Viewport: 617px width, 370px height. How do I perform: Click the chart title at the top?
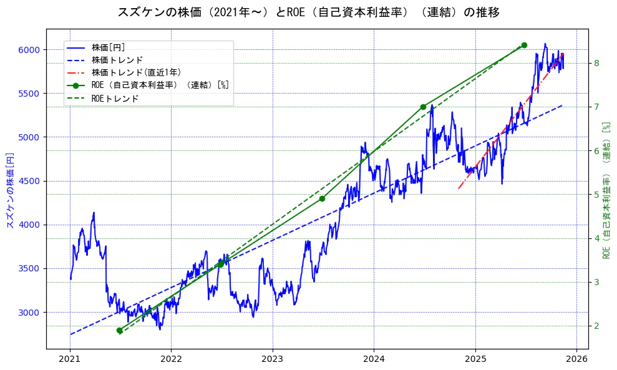(x=308, y=12)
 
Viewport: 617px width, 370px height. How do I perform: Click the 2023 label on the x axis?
(x=272, y=359)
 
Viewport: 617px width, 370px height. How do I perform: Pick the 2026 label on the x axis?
(x=576, y=359)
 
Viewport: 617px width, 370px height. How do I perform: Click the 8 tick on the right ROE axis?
(x=596, y=63)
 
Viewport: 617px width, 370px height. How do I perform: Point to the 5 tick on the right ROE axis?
(x=596, y=195)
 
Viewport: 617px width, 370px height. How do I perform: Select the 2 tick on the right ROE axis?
(x=596, y=326)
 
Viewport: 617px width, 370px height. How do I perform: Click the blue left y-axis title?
(x=9, y=188)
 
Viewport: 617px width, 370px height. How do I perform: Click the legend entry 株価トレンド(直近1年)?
(x=136, y=72)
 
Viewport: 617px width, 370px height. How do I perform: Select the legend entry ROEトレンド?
(x=115, y=99)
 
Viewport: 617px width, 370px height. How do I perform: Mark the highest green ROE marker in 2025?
(x=524, y=45)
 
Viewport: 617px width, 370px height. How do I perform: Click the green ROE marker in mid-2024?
(x=423, y=107)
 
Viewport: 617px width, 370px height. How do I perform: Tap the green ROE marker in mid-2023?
(x=322, y=198)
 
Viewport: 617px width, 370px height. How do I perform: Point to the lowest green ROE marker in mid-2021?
(x=119, y=331)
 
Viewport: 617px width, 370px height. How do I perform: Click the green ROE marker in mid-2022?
(x=220, y=265)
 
